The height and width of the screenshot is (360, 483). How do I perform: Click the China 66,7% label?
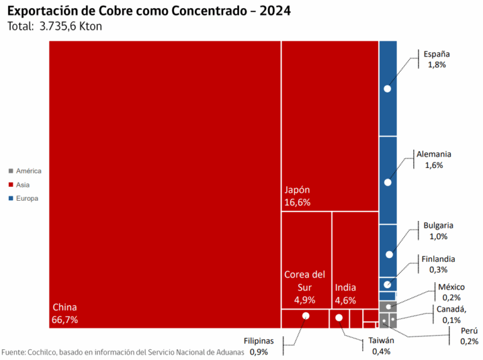tap(65, 313)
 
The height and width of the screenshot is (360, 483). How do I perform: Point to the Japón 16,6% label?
tap(297, 196)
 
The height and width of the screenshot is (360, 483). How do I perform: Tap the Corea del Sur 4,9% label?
tap(305, 287)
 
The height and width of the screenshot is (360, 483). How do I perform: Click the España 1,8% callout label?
tap(436, 59)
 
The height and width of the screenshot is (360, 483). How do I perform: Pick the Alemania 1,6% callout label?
tap(434, 159)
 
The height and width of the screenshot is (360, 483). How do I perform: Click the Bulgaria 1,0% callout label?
tap(438, 231)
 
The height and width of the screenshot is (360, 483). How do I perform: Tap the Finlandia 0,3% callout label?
tap(438, 264)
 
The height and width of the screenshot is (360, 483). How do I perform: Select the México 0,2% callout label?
tap(451, 292)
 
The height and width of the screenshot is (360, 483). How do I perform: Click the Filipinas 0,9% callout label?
tap(259, 346)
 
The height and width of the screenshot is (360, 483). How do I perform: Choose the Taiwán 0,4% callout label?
tap(381, 346)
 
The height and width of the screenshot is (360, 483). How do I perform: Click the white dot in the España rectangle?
tap(387, 89)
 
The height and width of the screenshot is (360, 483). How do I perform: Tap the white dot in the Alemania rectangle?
tap(387, 182)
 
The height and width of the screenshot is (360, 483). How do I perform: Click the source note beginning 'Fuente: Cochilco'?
tap(122, 352)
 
